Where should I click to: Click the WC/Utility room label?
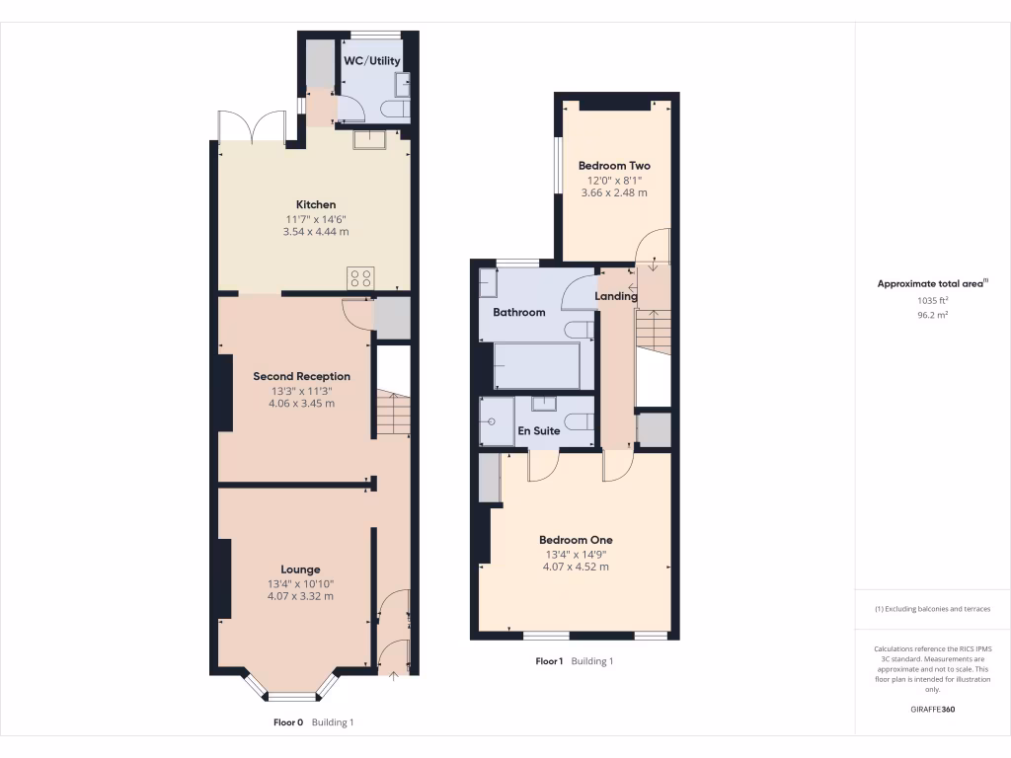coord(372,61)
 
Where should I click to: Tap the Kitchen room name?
coord(316,204)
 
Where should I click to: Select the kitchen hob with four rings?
coord(359,278)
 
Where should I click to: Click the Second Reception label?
coord(301,376)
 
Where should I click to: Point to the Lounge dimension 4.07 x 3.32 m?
coord(300,596)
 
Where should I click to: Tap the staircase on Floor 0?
coord(393,413)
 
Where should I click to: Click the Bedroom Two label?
coord(614,166)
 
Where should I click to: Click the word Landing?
coord(615,296)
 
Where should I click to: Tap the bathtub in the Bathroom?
coord(536,366)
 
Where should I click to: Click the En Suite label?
coord(539,431)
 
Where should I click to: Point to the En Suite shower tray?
coord(497,420)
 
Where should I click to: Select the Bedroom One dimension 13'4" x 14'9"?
coord(576,554)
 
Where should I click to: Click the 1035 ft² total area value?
coord(932,300)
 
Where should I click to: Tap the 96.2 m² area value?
coord(932,316)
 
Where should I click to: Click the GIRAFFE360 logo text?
coord(932,710)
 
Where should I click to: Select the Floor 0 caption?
coord(288,722)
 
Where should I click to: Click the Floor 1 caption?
coord(549,661)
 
